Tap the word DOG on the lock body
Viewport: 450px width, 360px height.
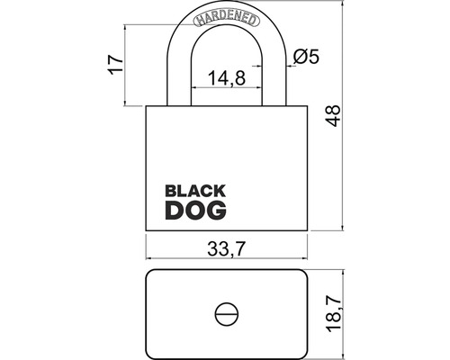[x=195, y=210]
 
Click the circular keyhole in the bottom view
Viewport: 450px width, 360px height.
[x=226, y=313]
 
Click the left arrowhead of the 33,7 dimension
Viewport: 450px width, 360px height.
[x=149, y=262]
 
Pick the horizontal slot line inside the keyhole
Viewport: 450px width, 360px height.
[x=226, y=313]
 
